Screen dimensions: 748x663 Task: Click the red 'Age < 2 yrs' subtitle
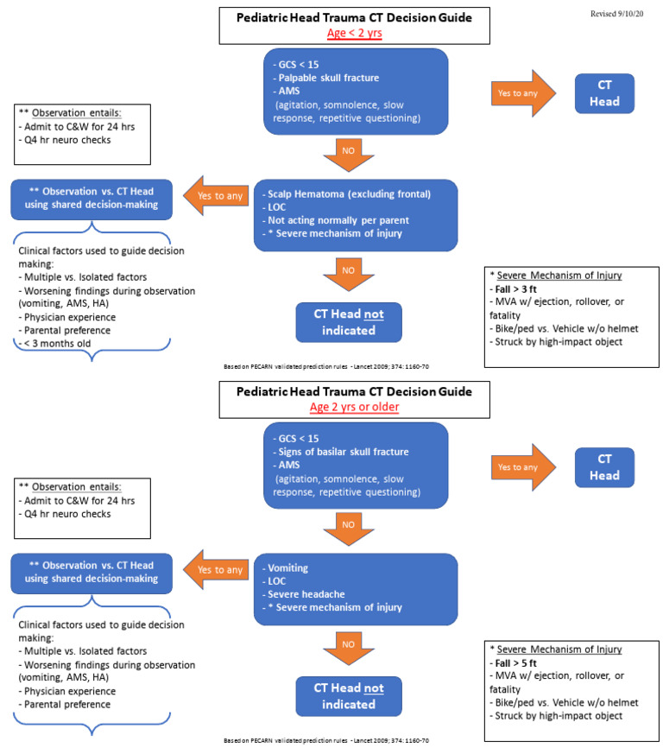click(355, 35)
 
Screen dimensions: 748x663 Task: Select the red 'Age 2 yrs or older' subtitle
click(355, 407)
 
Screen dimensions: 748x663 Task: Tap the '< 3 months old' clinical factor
click(58, 344)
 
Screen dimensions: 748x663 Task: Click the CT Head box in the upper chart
click(604, 93)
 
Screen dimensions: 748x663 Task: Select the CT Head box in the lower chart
click(604, 468)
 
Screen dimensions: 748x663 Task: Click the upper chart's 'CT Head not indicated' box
click(351, 321)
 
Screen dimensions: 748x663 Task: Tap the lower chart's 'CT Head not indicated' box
click(351, 695)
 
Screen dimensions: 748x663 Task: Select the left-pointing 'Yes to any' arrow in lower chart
click(212, 571)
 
